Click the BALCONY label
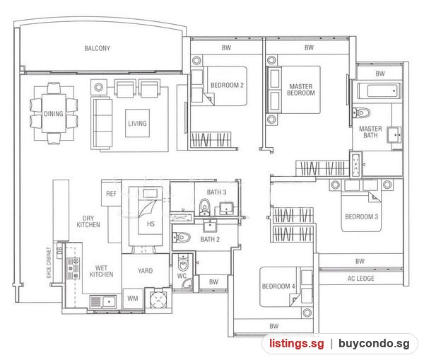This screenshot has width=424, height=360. [98, 49]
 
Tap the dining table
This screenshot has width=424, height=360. [54, 113]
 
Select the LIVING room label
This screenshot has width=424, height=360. [137, 124]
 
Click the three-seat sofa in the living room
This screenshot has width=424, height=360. [102, 123]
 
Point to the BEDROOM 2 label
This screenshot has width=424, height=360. [227, 86]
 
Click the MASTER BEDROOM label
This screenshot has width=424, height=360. [301, 90]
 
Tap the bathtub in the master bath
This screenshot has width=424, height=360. [379, 91]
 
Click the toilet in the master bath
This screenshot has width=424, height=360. [362, 112]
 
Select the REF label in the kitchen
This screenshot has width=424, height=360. [111, 194]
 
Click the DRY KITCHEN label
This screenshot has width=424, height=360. [88, 221]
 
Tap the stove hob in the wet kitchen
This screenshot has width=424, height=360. [73, 268]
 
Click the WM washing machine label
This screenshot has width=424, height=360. [133, 298]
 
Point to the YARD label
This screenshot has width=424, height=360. [145, 271]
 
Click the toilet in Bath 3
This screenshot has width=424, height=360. [204, 207]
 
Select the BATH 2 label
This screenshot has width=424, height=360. [210, 239]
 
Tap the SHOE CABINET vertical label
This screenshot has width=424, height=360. [49, 262]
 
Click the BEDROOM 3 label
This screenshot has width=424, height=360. [362, 217]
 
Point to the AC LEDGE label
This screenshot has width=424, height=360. [361, 279]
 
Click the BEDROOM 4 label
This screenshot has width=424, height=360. [278, 286]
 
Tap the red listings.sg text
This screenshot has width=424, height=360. [297, 344]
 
